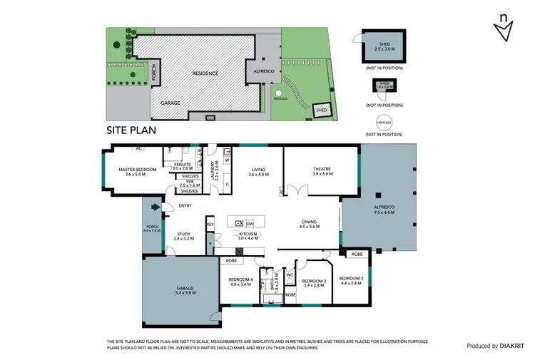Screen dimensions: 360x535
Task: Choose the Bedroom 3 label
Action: [314, 282]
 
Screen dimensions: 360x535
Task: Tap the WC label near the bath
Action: [290, 274]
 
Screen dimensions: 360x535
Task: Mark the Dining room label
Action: [309, 223]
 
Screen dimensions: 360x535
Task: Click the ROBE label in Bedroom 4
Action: [232, 261]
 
